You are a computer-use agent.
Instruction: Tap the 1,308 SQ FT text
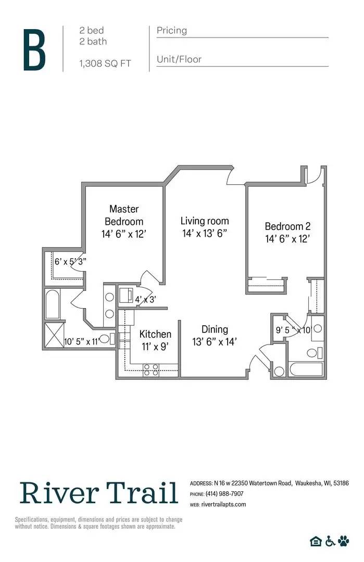[105, 63]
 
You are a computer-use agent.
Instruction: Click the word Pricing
[171, 31]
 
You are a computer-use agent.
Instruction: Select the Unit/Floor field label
[179, 59]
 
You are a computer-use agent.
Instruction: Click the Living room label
[205, 227]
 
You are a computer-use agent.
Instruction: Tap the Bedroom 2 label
[287, 232]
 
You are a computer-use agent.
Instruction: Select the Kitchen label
[155, 339]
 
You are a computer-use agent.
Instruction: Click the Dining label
[215, 335]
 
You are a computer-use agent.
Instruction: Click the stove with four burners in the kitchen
[151, 369]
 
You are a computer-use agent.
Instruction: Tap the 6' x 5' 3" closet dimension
[70, 262]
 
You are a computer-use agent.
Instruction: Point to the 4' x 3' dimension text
[146, 299]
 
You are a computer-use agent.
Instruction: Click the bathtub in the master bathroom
[53, 304]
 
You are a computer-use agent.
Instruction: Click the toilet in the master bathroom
[105, 339]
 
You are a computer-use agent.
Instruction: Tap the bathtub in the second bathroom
[306, 371]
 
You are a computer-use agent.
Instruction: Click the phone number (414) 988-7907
[224, 494]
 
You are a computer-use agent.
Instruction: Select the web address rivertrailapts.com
[223, 504]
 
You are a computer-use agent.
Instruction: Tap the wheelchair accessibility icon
[330, 541]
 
